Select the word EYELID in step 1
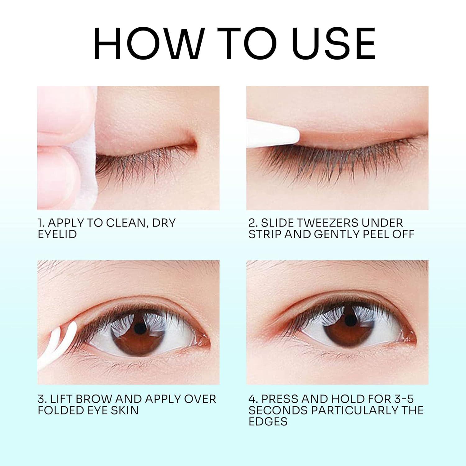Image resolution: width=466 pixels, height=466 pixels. (57, 234)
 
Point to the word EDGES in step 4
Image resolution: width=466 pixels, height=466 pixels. (268, 422)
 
